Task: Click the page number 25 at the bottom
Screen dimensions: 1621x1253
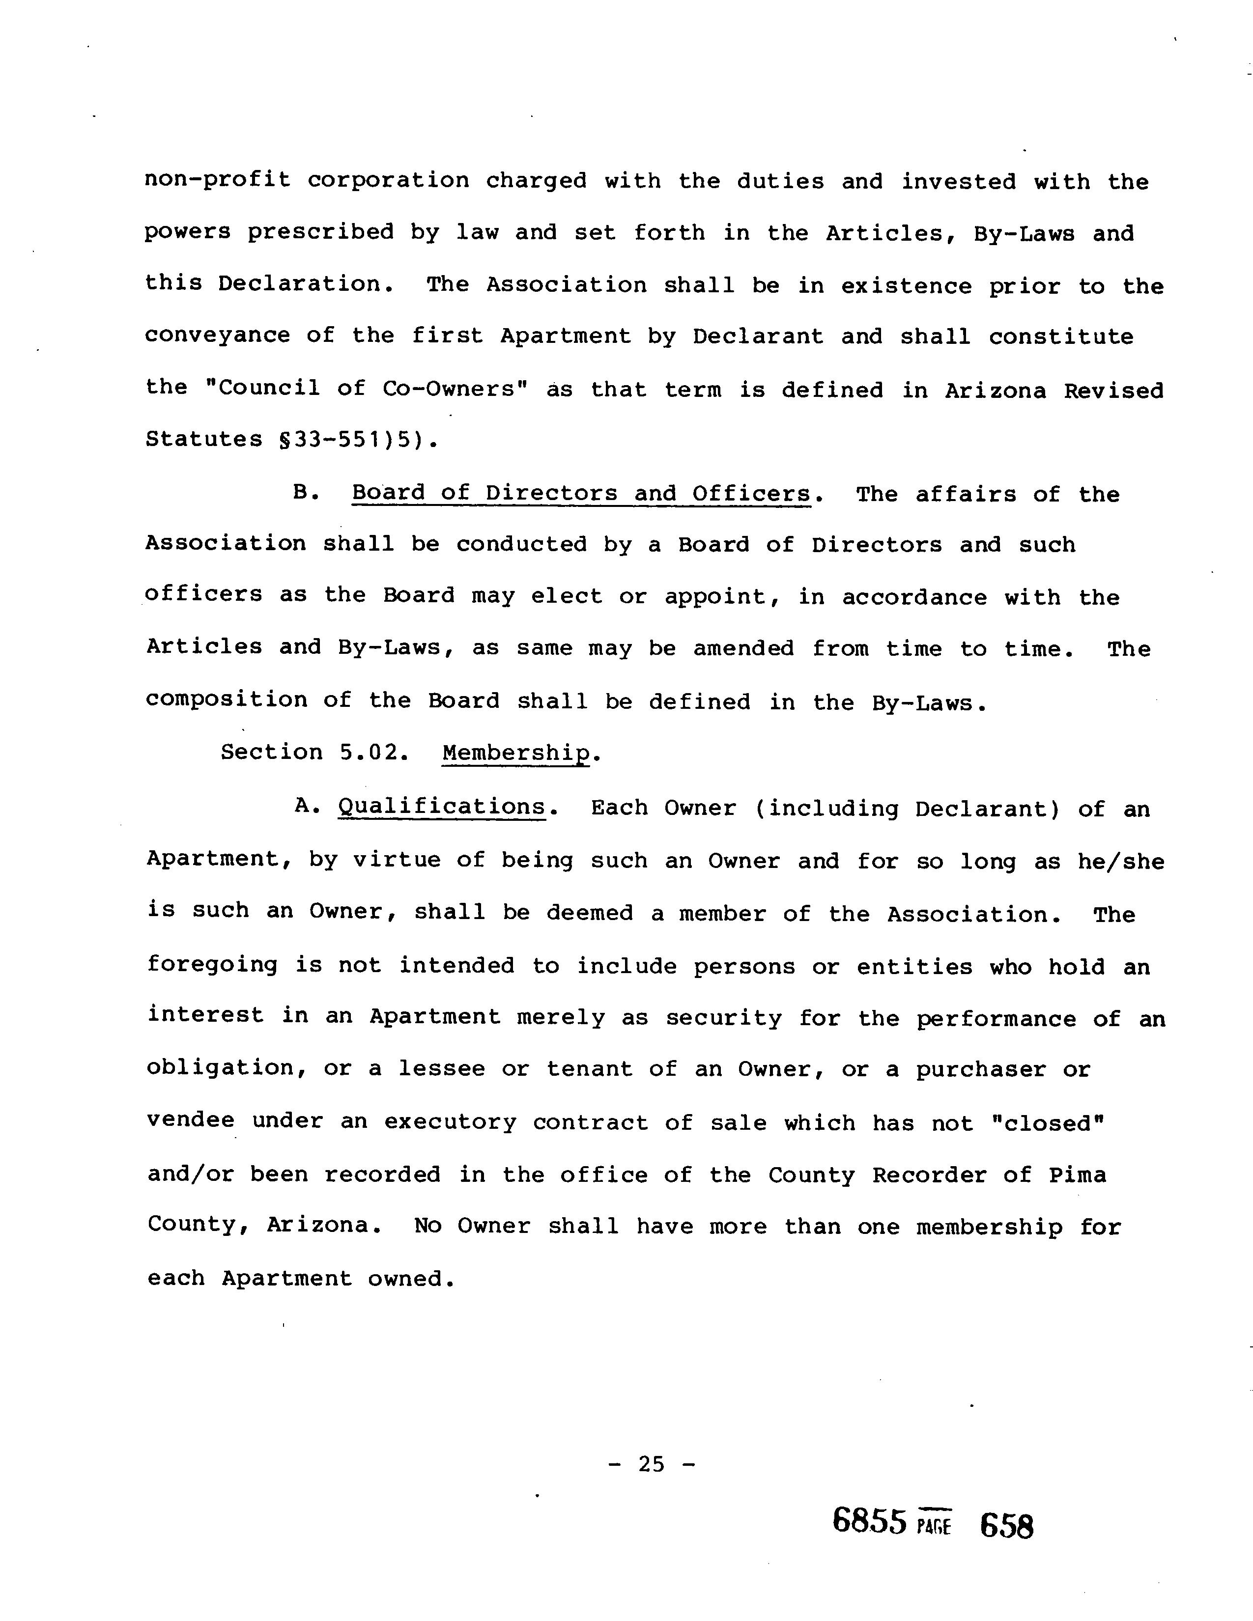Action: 651,1464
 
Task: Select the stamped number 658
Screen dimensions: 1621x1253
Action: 1006,1526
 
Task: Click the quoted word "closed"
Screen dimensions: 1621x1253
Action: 1048,1122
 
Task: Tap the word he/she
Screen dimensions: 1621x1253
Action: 1121,861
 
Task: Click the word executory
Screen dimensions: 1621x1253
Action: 449,1122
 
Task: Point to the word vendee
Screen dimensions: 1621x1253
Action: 191,1121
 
